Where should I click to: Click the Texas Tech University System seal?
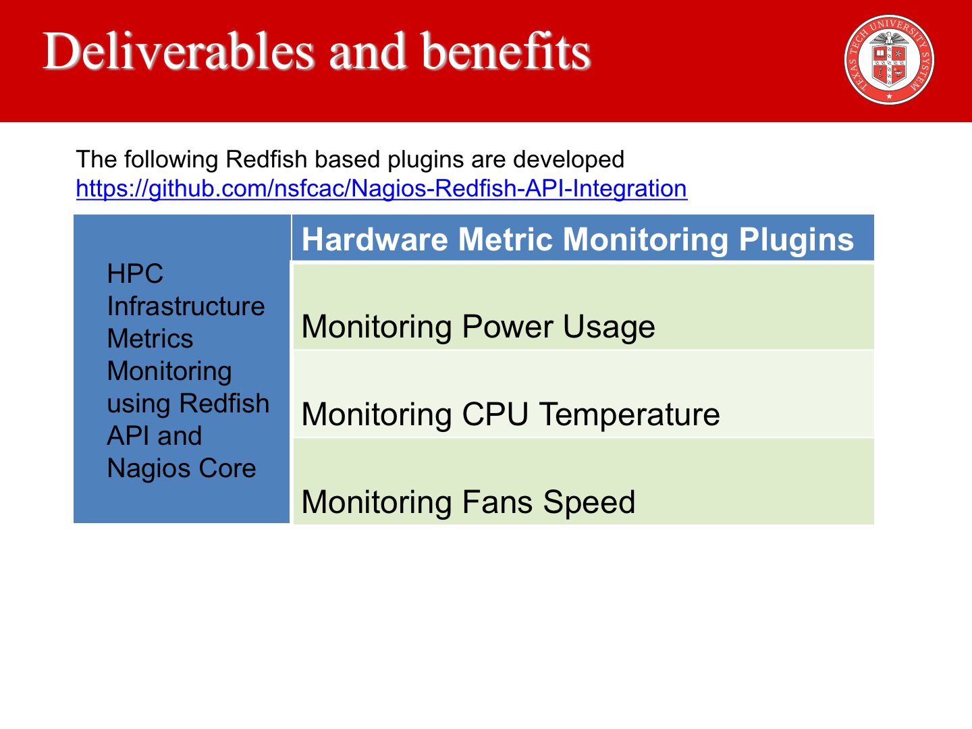pos(889,60)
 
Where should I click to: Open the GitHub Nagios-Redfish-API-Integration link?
pos(382,188)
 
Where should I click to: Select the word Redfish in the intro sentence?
pos(267,159)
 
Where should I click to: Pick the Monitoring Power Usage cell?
pos(584,306)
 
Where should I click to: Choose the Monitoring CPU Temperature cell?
pos(584,394)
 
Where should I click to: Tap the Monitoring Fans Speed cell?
pos(584,481)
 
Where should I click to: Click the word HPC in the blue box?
pos(135,273)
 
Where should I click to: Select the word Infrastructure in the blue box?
pos(186,306)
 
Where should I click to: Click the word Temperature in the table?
pos(629,415)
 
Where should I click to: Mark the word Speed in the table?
pos(589,503)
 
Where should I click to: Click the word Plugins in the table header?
pos(796,240)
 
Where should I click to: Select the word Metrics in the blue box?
pos(150,339)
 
